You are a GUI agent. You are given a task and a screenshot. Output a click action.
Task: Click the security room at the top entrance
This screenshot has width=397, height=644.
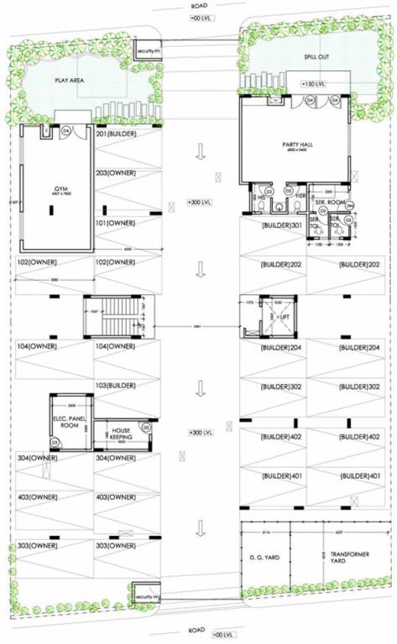(148, 51)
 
